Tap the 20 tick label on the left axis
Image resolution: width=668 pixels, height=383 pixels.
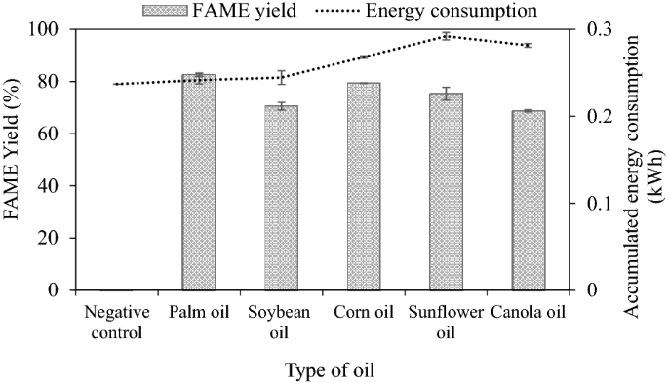click(x=53, y=239)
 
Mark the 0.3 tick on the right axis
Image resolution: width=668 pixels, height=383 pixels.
click(x=596, y=30)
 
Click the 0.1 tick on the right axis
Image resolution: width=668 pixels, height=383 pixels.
click(x=596, y=204)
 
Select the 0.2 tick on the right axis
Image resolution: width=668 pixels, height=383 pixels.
click(x=596, y=117)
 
